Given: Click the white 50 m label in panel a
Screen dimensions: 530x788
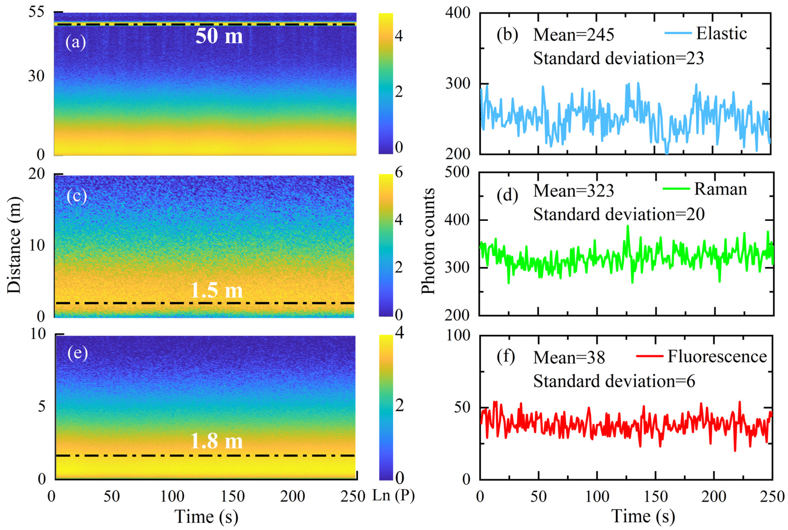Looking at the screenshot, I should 219,36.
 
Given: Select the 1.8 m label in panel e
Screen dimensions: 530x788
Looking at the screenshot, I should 216,441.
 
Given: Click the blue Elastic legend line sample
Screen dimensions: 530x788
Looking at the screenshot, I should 678,33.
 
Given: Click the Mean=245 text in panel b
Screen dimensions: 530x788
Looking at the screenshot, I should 573,35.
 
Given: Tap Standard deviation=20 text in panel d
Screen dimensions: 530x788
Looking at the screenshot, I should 619,214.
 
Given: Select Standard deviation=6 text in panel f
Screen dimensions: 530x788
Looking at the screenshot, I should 614,381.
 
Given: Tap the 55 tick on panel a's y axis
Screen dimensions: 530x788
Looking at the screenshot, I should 36,13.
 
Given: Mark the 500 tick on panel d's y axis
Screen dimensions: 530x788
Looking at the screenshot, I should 457,172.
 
